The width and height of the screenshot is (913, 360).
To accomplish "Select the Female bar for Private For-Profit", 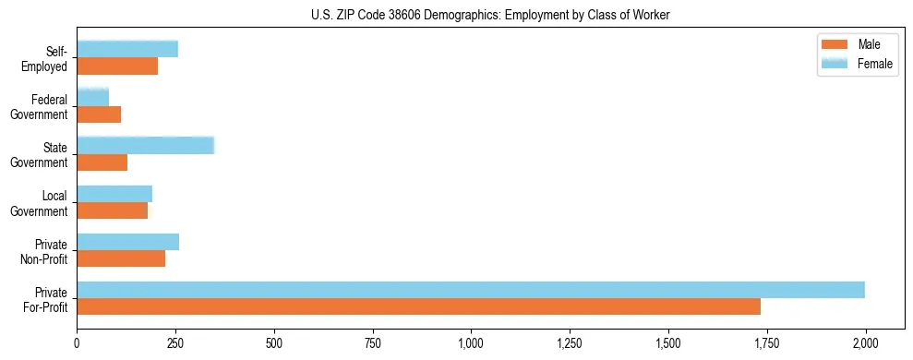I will pos(471,290).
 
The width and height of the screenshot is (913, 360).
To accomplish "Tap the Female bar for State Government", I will pos(145,145).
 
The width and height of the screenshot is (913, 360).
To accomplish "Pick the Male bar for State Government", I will pos(102,162).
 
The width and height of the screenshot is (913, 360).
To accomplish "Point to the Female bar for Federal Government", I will pos(92,97).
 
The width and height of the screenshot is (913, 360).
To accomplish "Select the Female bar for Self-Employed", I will pos(127,49).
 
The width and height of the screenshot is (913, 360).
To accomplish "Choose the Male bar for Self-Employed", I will pos(117,66).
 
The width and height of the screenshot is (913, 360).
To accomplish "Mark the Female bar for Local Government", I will pos(114,194).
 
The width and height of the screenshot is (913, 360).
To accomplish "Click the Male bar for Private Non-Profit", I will pos(121,258).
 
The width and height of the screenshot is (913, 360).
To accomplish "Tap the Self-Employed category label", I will pos(50,60).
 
